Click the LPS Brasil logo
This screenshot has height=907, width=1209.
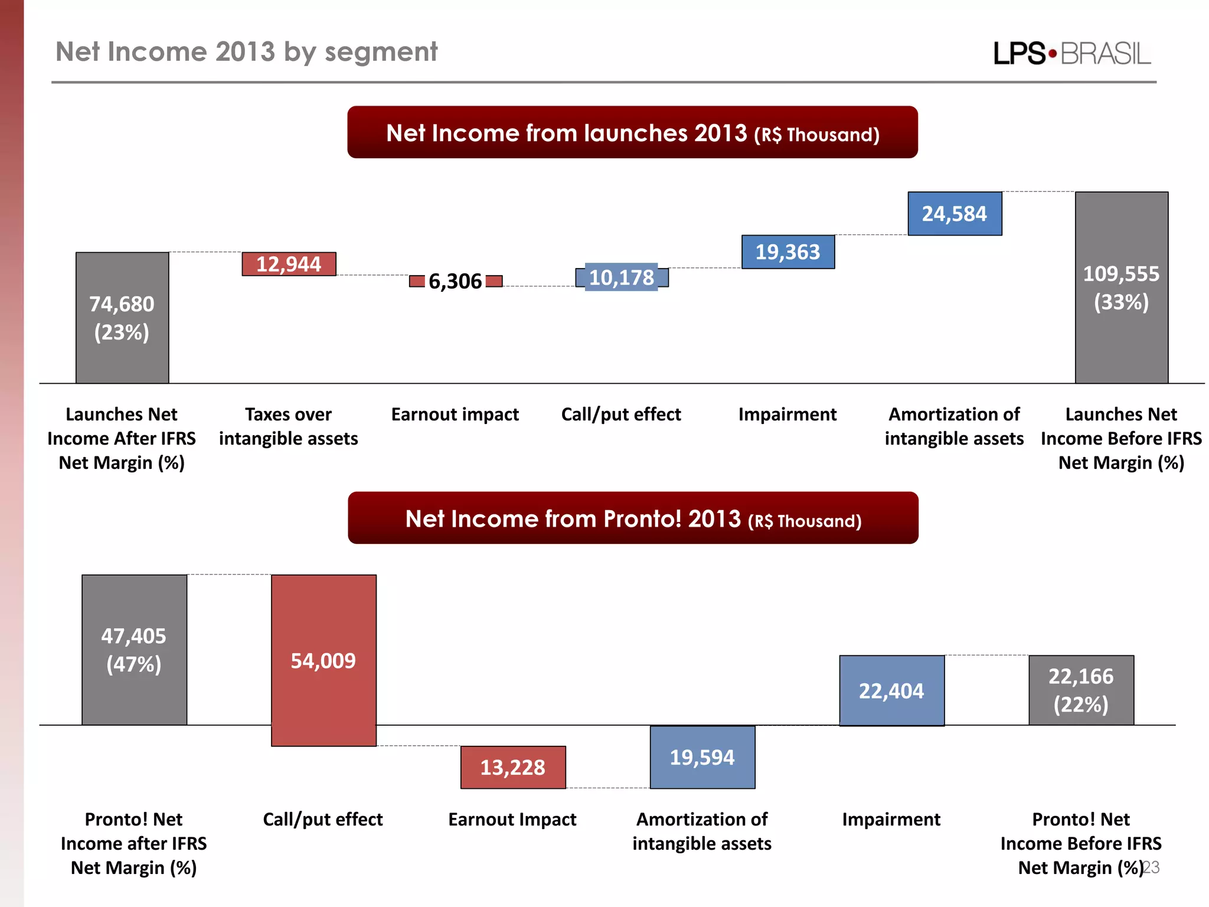1071,54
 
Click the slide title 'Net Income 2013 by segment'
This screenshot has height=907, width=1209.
246,52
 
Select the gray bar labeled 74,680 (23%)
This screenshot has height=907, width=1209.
122,318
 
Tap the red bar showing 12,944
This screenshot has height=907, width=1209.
289,264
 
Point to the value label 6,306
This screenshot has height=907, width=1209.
455,281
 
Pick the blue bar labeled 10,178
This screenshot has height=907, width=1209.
622,278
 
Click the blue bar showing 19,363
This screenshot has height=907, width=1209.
788,252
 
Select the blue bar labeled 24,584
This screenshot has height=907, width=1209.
954,214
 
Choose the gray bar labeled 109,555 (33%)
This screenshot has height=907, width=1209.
1121,288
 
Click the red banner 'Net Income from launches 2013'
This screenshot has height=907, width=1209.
632,132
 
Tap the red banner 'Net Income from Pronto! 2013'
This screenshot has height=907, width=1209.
633,518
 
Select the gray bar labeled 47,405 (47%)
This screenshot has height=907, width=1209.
134,650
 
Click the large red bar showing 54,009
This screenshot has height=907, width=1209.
324,660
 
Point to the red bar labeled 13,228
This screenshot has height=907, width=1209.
512,767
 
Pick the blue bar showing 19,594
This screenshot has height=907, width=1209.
702,757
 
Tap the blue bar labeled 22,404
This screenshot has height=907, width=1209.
891,690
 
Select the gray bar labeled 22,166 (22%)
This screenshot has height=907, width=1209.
1081,690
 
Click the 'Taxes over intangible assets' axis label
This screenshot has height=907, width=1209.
288,426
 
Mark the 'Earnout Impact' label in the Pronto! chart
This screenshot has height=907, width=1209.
512,819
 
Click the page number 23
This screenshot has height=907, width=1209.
1151,867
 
